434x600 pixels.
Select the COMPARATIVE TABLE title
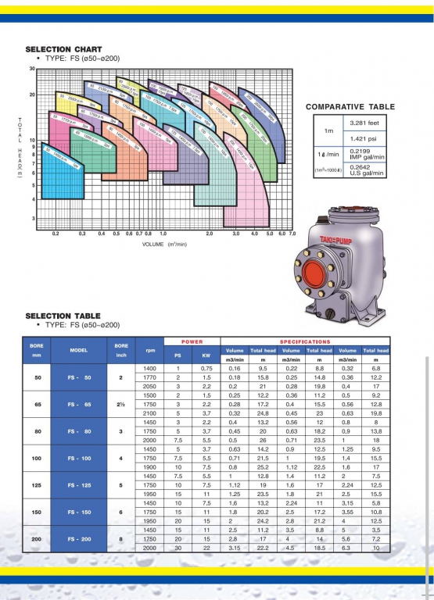pos(350,107)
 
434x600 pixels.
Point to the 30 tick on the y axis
pos(32,69)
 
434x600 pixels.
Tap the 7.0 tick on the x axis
pos(292,234)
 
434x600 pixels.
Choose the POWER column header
pos(192,341)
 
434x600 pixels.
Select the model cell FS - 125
pos(78,484)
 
